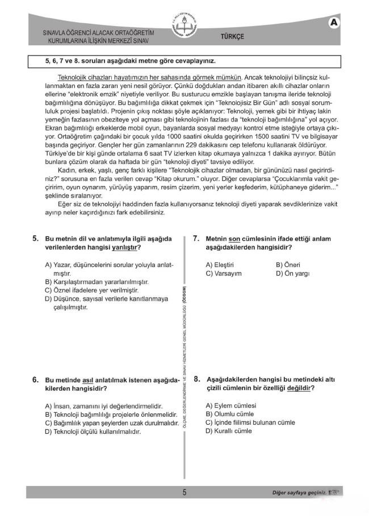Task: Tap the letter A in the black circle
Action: [333, 23]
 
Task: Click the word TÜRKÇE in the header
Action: [232, 36]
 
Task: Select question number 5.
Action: [35, 239]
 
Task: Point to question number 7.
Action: [196, 239]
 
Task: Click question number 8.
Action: [196, 379]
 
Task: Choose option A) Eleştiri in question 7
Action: [220, 264]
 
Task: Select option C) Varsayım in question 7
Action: [224, 273]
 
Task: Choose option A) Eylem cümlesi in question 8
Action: [231, 405]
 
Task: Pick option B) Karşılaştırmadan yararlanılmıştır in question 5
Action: [97, 282]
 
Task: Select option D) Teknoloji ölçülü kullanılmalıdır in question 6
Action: [93, 432]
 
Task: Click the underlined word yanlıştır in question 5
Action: [125, 248]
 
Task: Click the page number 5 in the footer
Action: [184, 492]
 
